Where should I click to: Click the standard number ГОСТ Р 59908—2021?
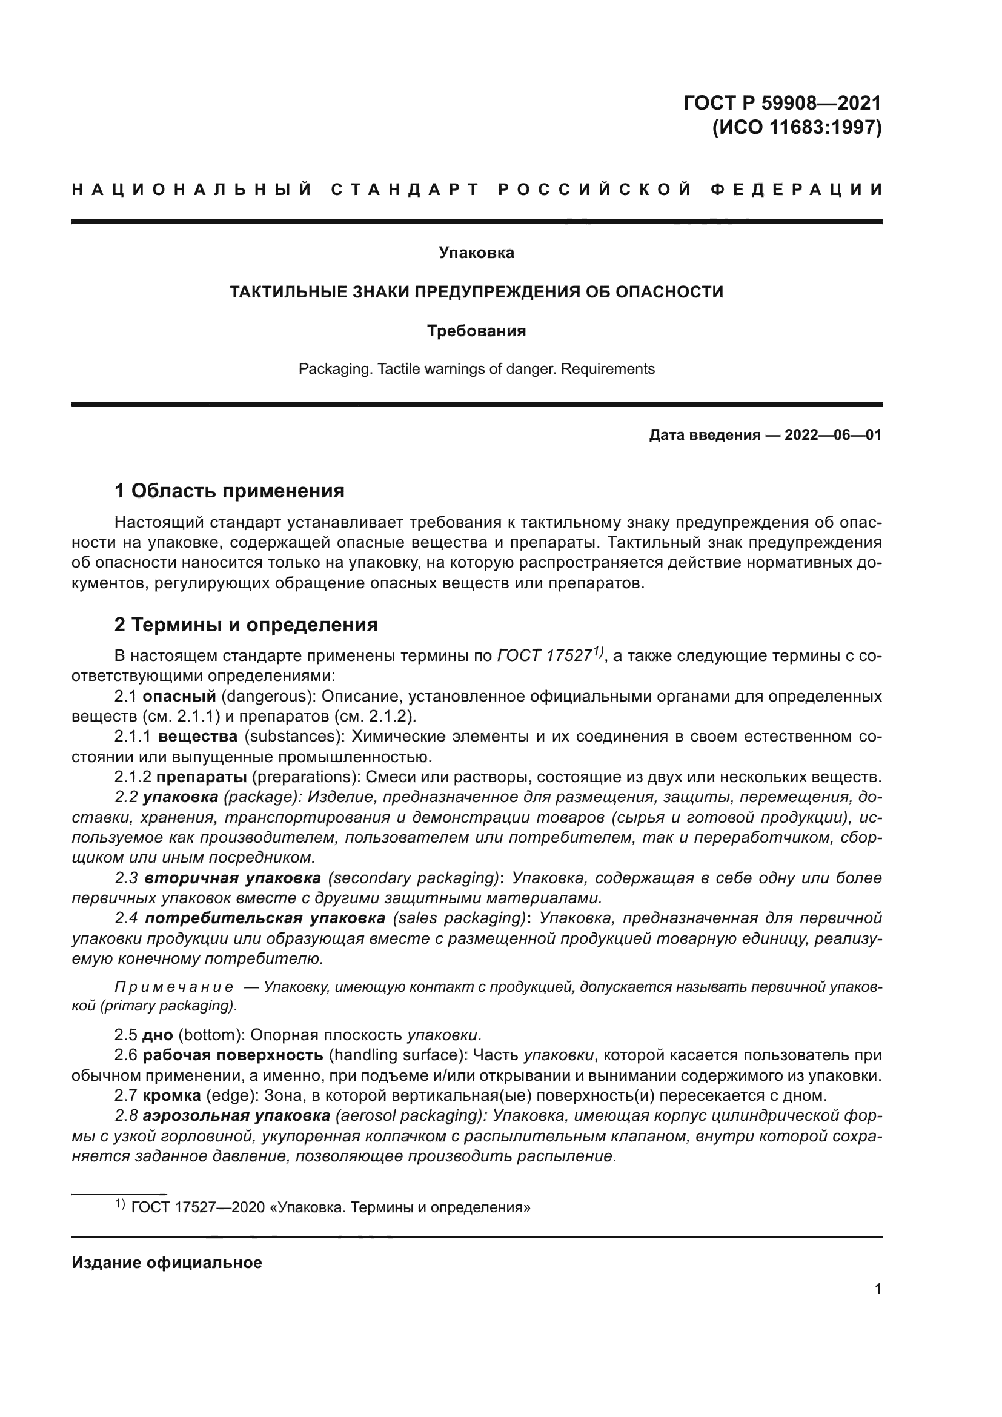point(782,102)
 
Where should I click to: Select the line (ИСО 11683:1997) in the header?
point(797,127)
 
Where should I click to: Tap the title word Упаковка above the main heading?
point(476,253)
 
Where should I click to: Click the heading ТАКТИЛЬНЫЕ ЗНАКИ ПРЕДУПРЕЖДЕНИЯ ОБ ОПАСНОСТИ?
point(476,292)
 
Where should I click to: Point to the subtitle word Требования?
point(476,331)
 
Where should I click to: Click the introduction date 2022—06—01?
point(832,435)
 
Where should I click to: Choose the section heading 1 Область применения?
point(229,491)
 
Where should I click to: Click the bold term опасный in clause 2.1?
point(179,696)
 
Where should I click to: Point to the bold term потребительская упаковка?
point(265,918)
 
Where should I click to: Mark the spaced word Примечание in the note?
point(174,987)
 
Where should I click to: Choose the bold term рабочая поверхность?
point(233,1055)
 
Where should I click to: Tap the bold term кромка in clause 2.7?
point(171,1095)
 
